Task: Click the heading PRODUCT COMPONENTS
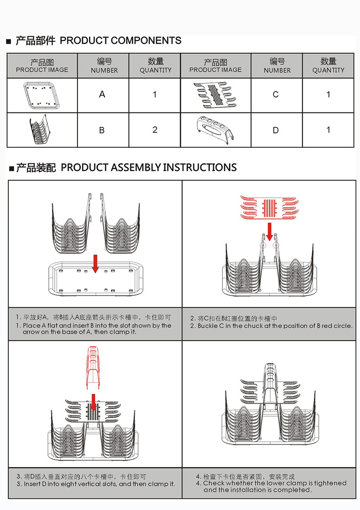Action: click(120, 41)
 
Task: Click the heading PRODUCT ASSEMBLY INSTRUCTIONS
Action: click(149, 168)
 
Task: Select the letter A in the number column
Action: click(102, 94)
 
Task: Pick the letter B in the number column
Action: click(102, 130)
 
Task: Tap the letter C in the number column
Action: click(276, 94)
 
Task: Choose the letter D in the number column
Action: click(276, 130)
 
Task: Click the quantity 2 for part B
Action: click(155, 130)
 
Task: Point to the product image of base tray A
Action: click(42, 95)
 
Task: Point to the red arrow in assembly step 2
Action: click(269, 231)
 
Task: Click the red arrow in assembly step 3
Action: click(93, 402)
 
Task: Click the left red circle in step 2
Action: click(262, 245)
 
